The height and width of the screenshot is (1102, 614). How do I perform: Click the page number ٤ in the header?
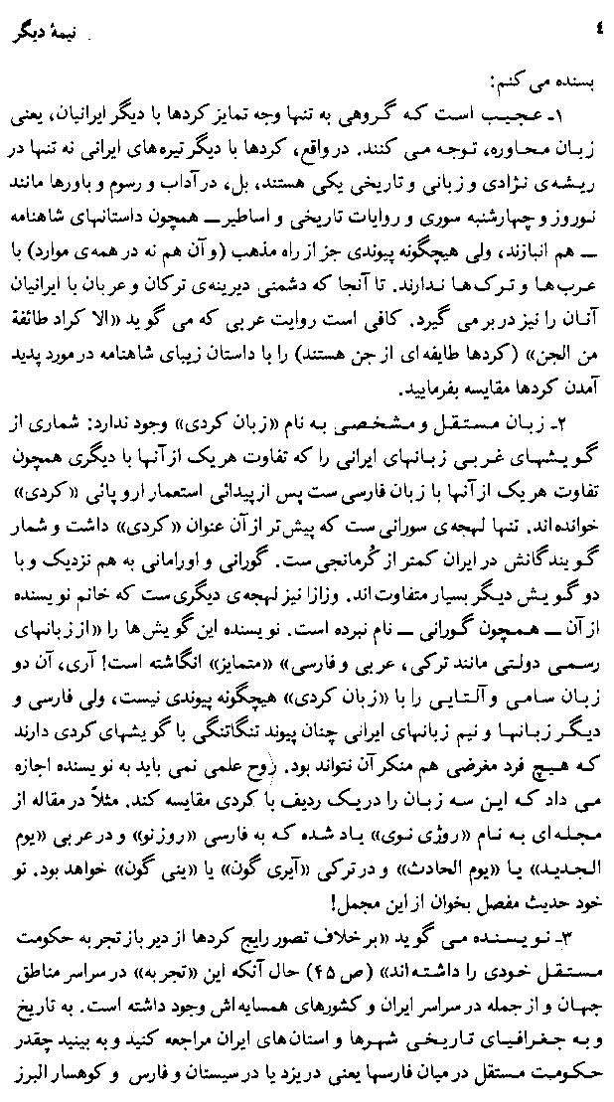click(x=595, y=18)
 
